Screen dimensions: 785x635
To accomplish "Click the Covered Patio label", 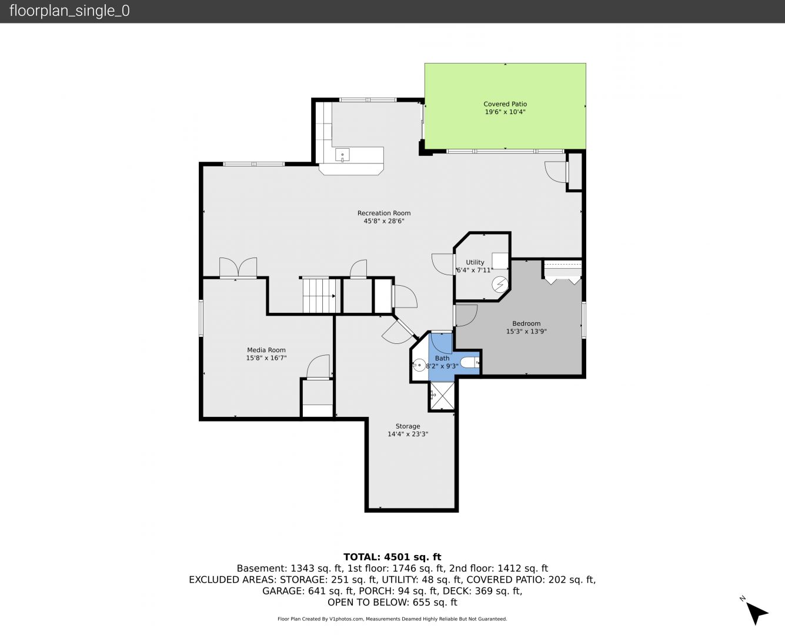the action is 505,104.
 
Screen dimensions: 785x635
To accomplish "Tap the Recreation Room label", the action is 383,213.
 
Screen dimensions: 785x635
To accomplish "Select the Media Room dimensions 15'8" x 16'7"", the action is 266,358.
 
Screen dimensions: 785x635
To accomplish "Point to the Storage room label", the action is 407,426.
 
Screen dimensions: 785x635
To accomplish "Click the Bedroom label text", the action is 526,323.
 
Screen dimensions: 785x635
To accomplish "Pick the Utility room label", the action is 475,262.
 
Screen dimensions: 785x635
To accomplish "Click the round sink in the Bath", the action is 419,365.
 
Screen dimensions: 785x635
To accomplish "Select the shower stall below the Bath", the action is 442,396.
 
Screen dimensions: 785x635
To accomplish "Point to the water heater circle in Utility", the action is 500,284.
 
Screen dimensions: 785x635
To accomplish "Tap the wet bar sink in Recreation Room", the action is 342,155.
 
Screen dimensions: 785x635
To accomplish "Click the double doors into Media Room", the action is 238,267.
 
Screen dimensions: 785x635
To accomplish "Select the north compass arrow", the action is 756,613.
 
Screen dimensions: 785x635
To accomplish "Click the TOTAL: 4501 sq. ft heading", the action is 392,557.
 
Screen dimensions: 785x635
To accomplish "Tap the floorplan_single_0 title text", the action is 69,11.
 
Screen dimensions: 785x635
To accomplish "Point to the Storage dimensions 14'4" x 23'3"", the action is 407,434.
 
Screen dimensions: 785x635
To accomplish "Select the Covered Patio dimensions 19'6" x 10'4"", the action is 505,112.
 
